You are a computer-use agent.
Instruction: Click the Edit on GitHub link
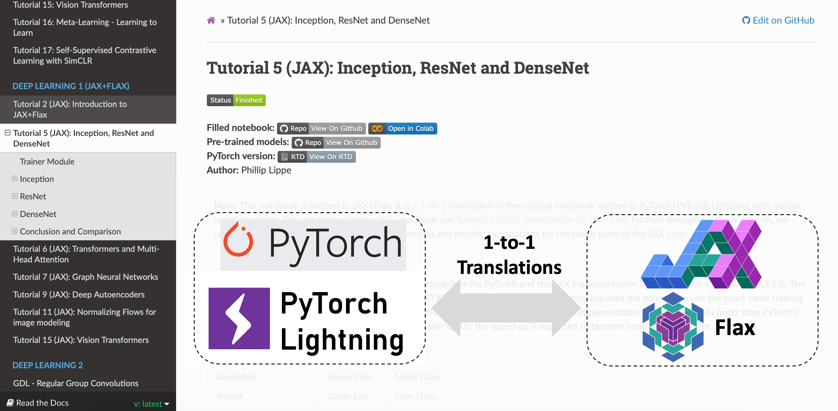[x=778, y=20]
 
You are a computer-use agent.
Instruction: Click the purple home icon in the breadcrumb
[x=211, y=20]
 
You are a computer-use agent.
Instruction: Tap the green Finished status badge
[x=249, y=100]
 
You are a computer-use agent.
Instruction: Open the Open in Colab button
[x=403, y=129]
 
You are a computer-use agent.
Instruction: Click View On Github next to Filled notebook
[x=336, y=129]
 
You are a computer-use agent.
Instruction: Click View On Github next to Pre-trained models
[x=351, y=143]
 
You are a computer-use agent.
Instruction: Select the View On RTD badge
[x=330, y=157]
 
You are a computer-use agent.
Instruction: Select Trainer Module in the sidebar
[x=47, y=162]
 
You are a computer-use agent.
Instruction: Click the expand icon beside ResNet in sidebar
[x=14, y=196]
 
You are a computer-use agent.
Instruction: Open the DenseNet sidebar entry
[x=38, y=214]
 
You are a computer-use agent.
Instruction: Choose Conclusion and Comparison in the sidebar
[x=70, y=231]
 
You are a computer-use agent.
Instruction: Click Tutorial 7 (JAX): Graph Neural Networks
[x=85, y=277]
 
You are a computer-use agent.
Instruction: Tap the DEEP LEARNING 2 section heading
[x=47, y=365]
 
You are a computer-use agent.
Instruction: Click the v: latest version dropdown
[x=151, y=404]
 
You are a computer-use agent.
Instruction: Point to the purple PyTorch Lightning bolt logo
[x=239, y=318]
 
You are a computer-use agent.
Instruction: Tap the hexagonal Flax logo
[x=673, y=327]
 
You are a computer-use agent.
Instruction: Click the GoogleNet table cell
[x=236, y=377]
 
